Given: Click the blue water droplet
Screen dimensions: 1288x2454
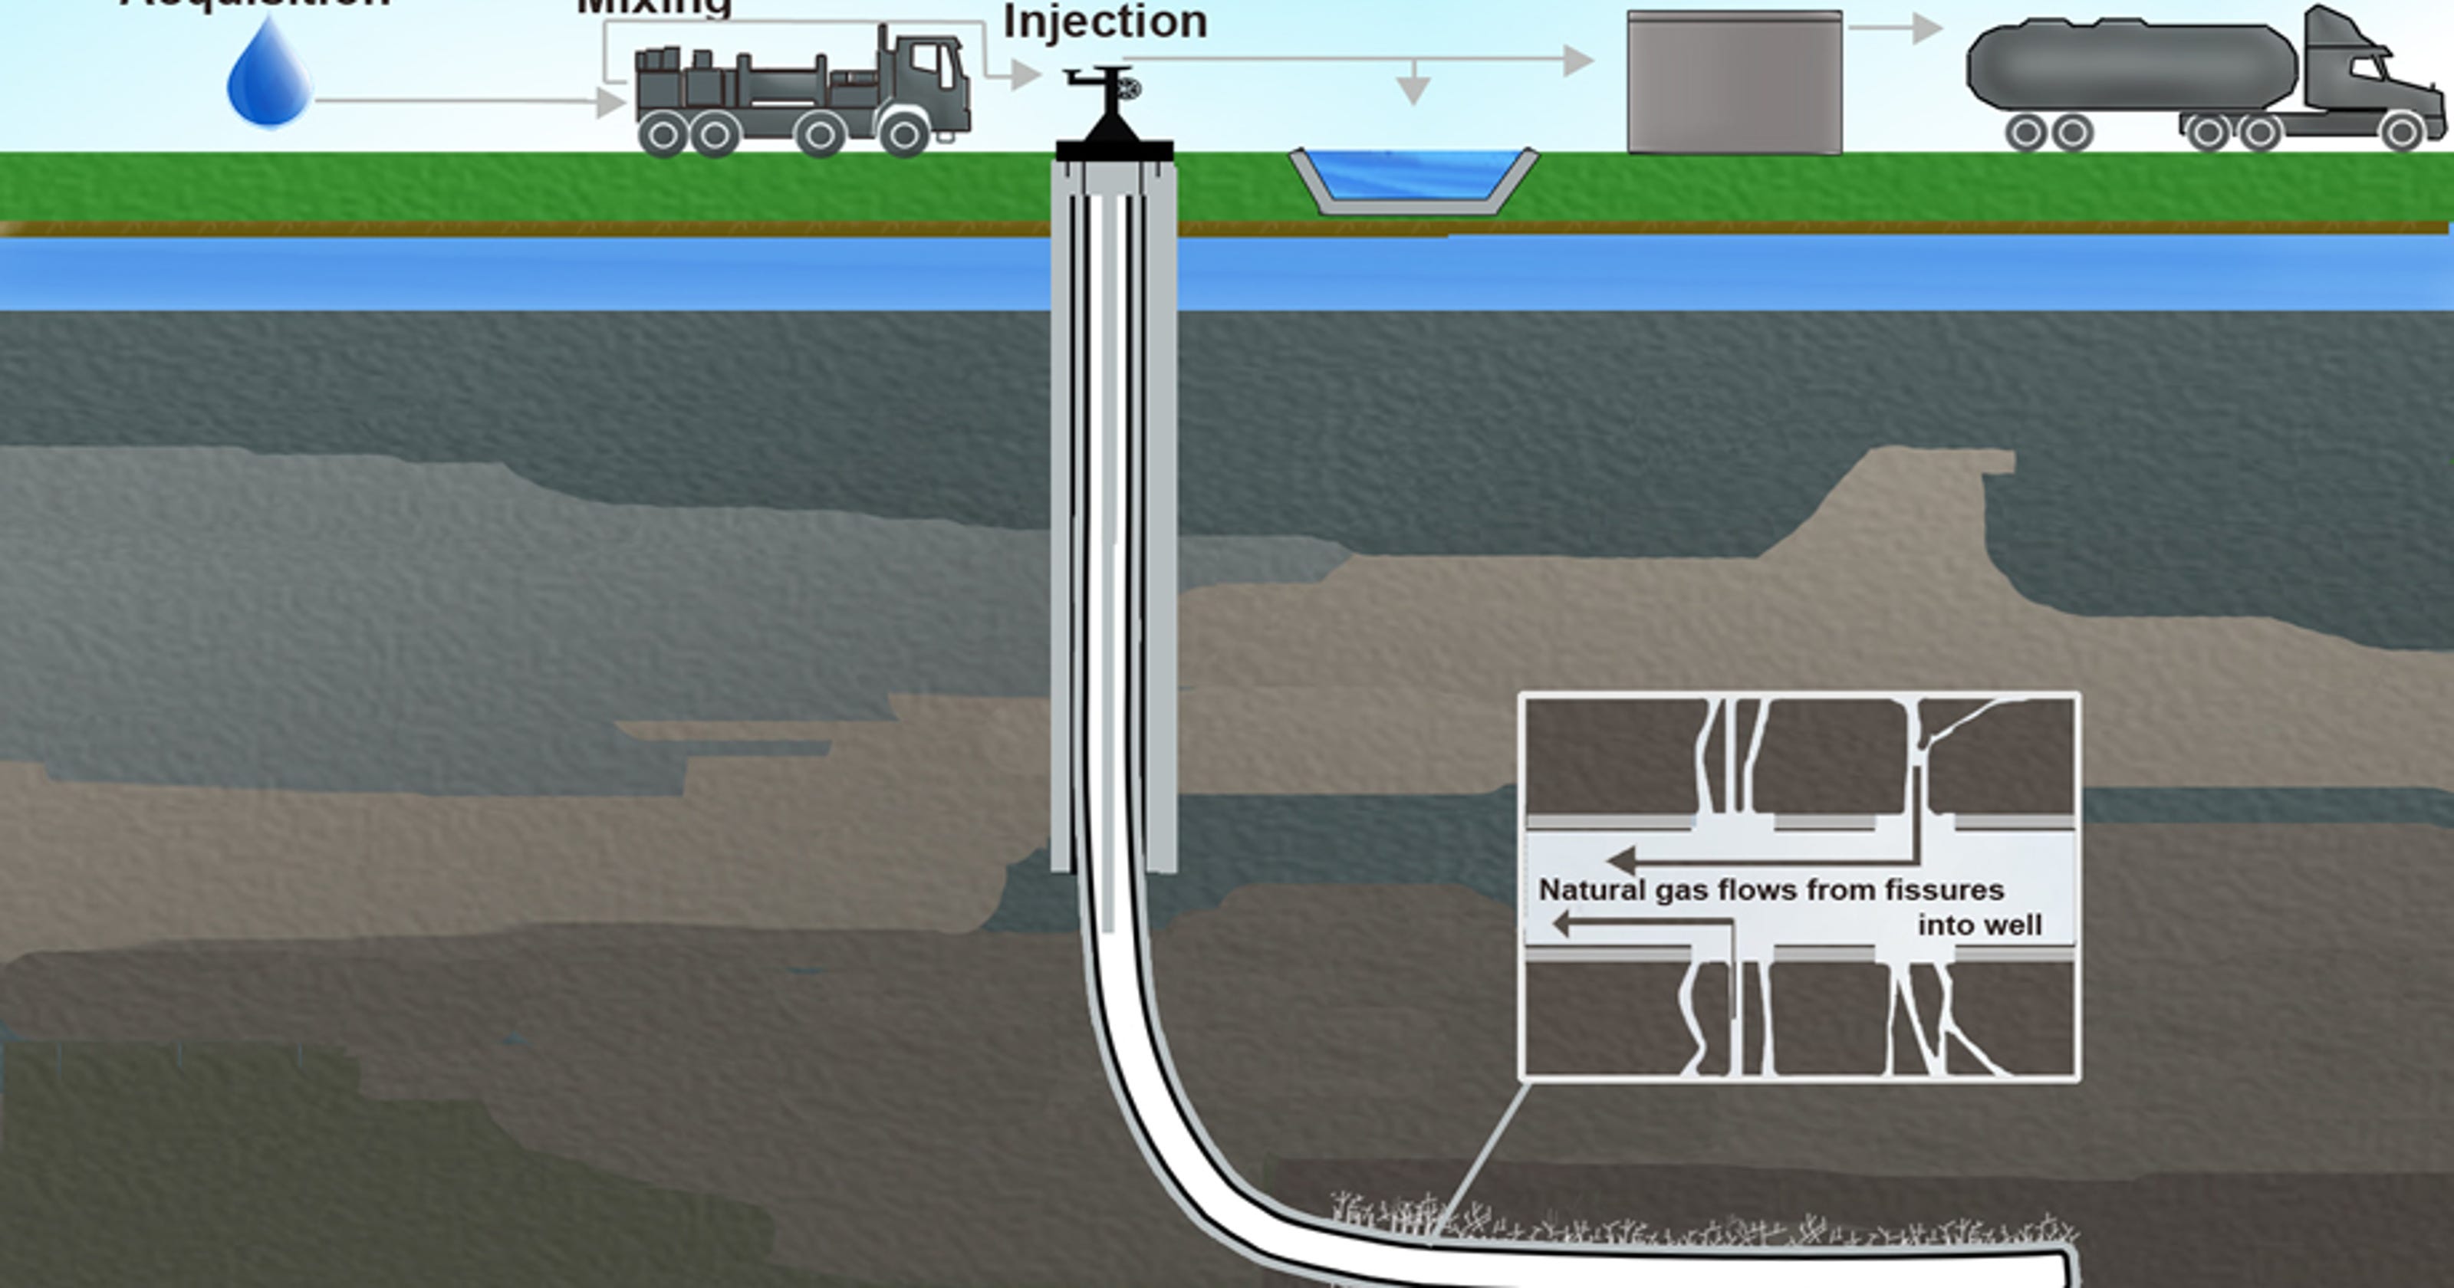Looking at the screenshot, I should pos(270,81).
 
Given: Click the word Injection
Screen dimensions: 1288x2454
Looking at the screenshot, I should pos(1105,21).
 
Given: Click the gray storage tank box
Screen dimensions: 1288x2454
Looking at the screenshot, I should pos(1735,84).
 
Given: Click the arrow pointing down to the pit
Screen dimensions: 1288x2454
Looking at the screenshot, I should pos(1413,86).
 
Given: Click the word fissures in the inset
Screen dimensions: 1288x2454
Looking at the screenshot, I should pos(1950,891).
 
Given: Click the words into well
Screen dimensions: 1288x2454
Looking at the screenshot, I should pos(1979,925).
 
